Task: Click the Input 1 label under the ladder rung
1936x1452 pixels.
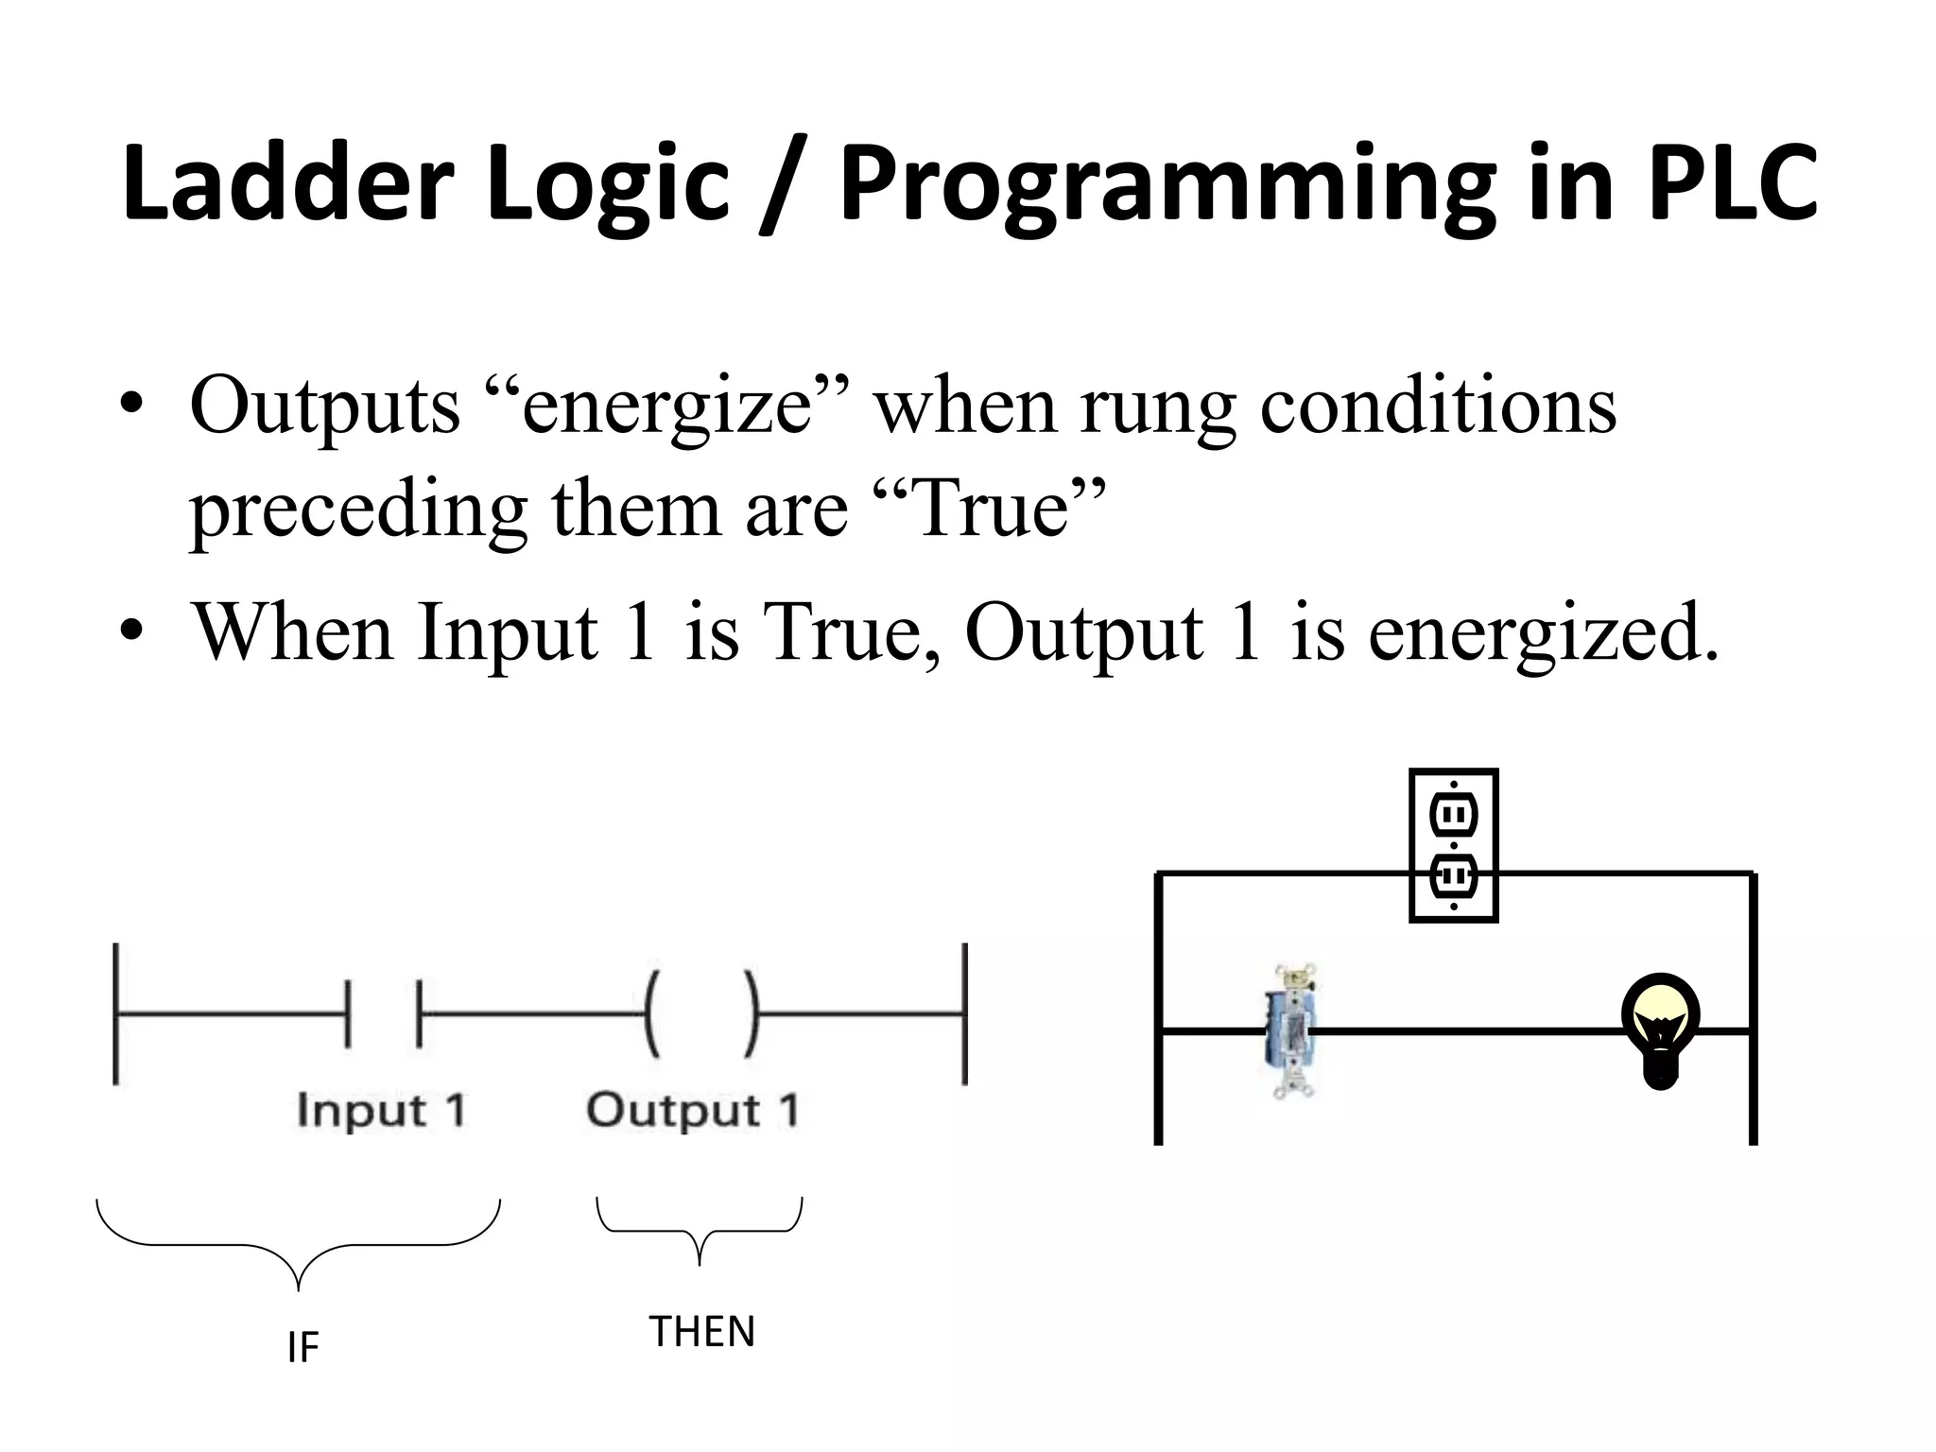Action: click(381, 1110)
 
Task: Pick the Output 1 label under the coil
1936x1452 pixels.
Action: click(693, 1110)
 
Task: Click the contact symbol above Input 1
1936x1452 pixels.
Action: click(384, 1014)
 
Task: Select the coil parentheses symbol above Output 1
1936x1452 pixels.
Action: click(700, 1014)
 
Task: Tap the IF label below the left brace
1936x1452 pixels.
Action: click(302, 1347)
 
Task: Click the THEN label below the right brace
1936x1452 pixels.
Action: click(701, 1332)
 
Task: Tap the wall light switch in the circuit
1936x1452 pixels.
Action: click(1292, 1030)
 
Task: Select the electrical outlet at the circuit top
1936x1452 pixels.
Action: click(1453, 844)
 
